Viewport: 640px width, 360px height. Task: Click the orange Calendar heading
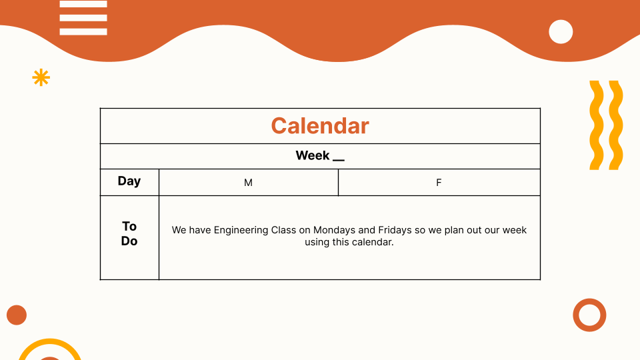click(x=320, y=126)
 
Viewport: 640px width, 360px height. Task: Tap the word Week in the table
click(x=312, y=155)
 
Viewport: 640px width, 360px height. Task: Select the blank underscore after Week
click(x=339, y=160)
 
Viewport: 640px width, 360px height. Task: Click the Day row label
click(x=129, y=181)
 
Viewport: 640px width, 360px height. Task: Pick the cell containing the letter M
click(x=249, y=183)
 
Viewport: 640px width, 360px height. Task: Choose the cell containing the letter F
click(x=439, y=183)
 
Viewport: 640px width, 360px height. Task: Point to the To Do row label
click(x=129, y=233)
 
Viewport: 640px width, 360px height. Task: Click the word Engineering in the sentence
click(x=241, y=231)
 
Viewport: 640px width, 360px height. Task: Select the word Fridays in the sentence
click(x=395, y=230)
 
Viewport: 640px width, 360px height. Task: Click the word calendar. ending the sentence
click(x=373, y=242)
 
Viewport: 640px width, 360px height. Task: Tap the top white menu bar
click(x=83, y=4)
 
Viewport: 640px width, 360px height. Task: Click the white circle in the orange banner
click(x=561, y=31)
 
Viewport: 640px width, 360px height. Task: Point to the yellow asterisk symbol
click(x=41, y=77)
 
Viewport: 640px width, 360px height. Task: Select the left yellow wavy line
click(x=596, y=125)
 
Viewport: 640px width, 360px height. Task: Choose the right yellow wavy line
click(x=616, y=125)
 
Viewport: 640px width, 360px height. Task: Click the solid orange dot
click(x=17, y=315)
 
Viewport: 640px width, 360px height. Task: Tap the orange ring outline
click(x=589, y=301)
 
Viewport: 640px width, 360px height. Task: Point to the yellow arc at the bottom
click(x=50, y=341)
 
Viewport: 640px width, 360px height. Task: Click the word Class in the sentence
click(x=284, y=230)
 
